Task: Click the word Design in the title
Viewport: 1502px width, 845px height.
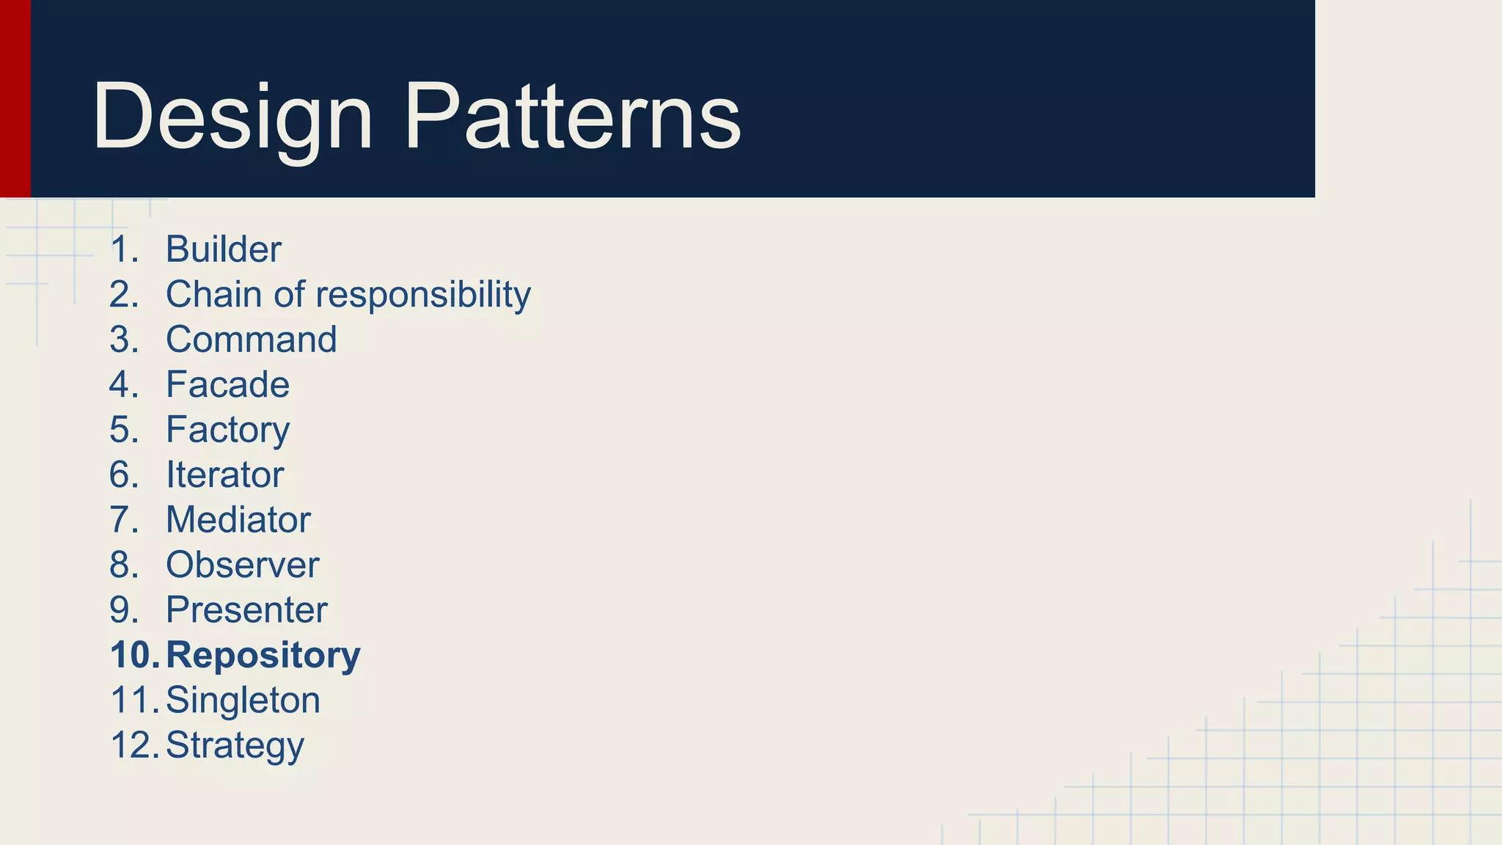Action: point(232,117)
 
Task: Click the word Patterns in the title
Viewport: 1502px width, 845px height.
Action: point(573,117)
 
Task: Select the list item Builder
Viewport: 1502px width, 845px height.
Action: point(224,249)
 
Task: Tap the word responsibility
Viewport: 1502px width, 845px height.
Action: point(423,295)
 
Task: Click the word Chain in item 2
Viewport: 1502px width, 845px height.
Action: point(213,295)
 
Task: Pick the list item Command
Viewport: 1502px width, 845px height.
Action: point(252,340)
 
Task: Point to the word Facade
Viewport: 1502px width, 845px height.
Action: point(228,384)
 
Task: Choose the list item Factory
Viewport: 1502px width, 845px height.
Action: point(228,430)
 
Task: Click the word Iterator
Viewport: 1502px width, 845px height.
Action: point(225,475)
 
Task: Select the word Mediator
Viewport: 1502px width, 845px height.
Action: point(238,520)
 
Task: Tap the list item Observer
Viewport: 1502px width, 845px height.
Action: point(243,565)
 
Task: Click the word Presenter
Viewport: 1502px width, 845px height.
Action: point(247,610)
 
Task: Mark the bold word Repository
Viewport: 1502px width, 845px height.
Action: point(263,655)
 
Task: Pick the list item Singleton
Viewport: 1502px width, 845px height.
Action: point(243,700)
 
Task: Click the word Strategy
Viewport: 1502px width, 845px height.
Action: point(235,745)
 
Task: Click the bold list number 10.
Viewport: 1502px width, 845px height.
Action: point(134,655)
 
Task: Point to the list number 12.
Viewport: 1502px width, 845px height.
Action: point(134,745)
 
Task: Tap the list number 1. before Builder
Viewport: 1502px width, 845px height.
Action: point(124,249)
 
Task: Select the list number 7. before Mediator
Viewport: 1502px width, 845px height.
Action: point(124,520)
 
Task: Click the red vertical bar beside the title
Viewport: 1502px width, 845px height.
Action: point(15,98)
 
